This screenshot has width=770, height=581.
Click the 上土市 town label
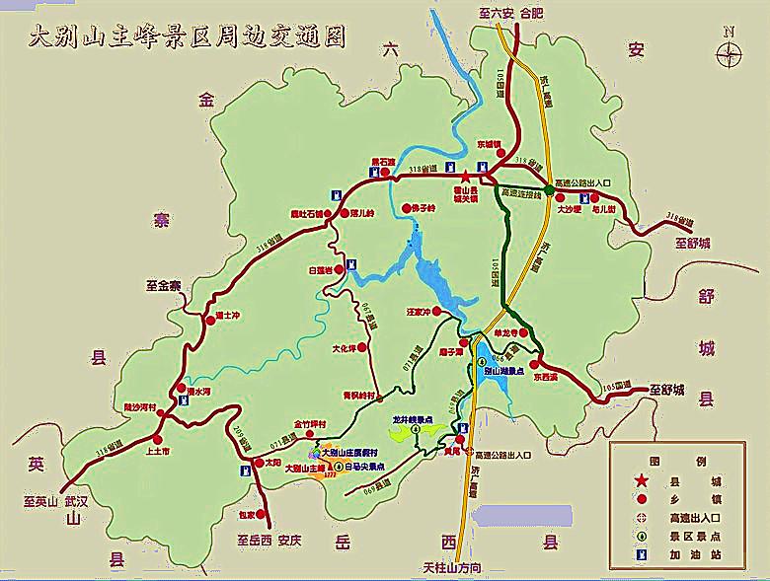(x=158, y=451)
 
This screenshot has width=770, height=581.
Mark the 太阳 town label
(x=273, y=462)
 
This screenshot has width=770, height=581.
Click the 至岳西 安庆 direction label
(x=268, y=541)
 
